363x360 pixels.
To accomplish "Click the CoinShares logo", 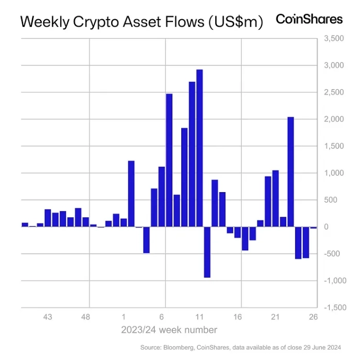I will (x=309, y=19).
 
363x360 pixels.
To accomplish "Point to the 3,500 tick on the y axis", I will (x=333, y=39).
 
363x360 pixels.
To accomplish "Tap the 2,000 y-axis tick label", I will (x=333, y=119).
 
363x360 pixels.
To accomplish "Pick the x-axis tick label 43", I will (x=48, y=317).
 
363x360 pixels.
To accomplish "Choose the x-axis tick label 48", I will (x=86, y=317).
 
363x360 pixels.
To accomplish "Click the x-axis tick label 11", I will (x=200, y=317).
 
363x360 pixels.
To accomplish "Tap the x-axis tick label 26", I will (x=313, y=317).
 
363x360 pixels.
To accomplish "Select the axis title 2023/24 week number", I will (x=169, y=330).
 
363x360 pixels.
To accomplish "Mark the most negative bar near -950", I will (x=207, y=252).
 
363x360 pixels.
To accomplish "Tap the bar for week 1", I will (x=124, y=222).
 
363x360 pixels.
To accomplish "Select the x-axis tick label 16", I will (x=237, y=317).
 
